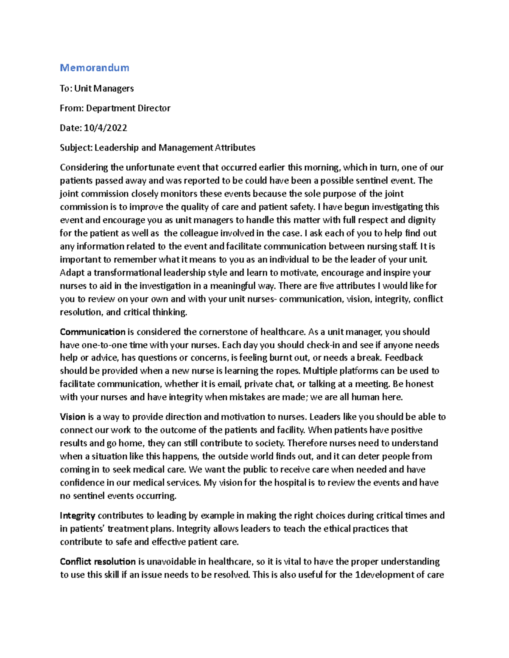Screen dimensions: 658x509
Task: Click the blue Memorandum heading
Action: point(94,68)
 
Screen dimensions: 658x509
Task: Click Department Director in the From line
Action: point(128,108)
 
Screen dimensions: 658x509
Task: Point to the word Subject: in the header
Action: point(76,148)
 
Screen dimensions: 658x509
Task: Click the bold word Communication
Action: point(92,332)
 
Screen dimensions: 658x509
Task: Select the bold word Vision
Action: point(73,417)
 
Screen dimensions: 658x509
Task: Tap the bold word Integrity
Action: point(77,516)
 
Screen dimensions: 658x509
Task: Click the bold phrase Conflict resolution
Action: point(98,562)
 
